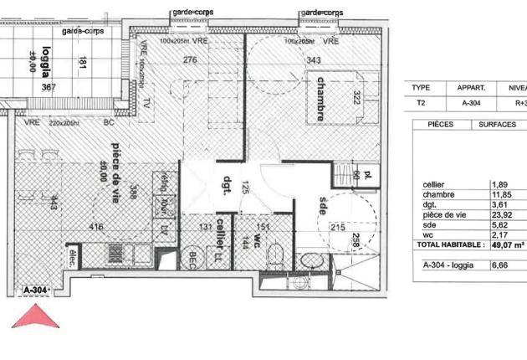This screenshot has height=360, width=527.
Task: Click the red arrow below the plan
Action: click(36, 317)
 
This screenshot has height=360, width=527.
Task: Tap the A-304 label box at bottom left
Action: click(36, 290)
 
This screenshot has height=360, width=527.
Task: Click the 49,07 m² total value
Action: click(508, 245)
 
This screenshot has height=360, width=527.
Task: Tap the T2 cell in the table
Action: click(421, 104)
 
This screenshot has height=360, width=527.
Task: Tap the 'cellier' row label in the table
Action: click(434, 184)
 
